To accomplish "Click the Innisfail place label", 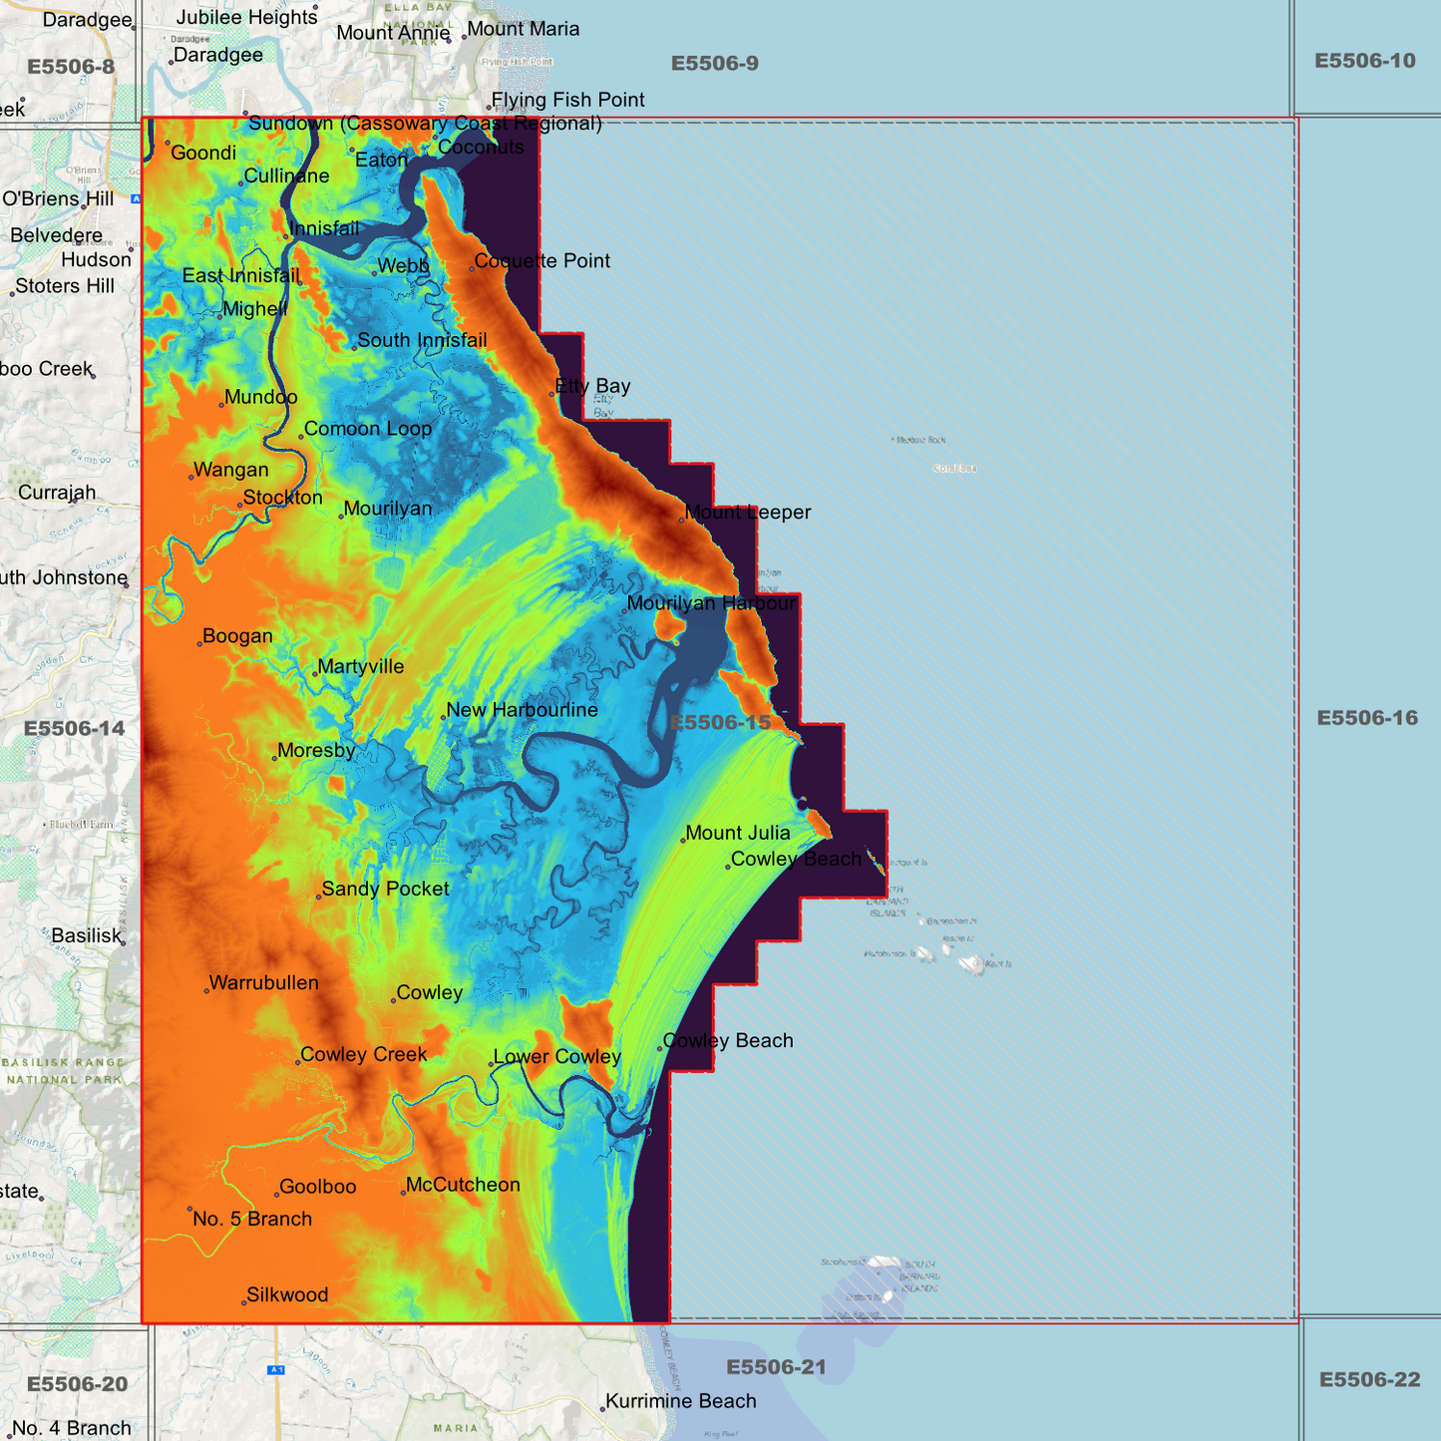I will click(324, 229).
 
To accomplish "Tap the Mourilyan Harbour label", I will click(712, 603).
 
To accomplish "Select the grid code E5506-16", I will click(1366, 718).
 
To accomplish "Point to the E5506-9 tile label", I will click(714, 64).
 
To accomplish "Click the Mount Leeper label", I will click(747, 513).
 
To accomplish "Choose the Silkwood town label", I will click(287, 1295).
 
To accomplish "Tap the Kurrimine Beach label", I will click(681, 1401).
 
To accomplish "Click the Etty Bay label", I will click(592, 386).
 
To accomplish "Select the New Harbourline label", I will click(522, 710).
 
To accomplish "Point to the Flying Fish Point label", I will click(567, 100).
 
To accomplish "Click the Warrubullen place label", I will click(264, 983).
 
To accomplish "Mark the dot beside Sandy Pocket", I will click(318, 897).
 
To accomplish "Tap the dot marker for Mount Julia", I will click(683, 841).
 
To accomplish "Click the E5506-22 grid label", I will click(1368, 1380).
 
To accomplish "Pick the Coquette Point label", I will click(541, 261).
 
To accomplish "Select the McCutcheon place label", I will click(463, 1185).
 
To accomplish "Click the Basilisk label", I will click(86, 936).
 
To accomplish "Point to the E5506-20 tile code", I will click(77, 1384).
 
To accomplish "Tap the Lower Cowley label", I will click(556, 1057).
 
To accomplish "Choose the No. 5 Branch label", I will click(252, 1219).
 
